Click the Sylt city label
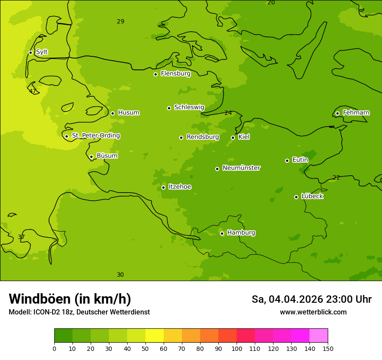[42, 52]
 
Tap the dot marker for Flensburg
[155, 74]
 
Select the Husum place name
[128, 113]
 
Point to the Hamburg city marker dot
[222, 233]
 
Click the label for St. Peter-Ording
[95, 136]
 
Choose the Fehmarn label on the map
[356, 113]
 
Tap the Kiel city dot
[233, 137]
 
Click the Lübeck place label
[312, 196]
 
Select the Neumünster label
[241, 168]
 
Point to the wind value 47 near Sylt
[33, 91]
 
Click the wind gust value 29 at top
[121, 21]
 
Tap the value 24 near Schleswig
[228, 113]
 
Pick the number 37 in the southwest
[21, 237]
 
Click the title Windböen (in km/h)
[70, 299]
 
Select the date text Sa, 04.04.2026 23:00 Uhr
[311, 299]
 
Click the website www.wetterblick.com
[313, 312]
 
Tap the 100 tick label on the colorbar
[237, 348]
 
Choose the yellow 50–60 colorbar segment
[155, 336]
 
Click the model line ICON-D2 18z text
[79, 312]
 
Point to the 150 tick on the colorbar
[328, 348]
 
